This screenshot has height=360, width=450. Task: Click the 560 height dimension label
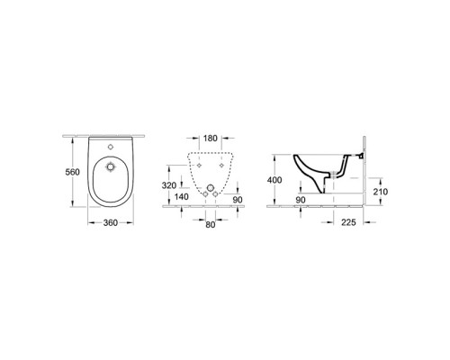point(73,172)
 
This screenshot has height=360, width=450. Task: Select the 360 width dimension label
point(111,223)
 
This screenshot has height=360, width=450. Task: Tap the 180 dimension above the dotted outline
point(210,139)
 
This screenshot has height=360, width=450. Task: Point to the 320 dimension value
point(169,185)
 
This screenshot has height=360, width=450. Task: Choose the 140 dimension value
point(181,197)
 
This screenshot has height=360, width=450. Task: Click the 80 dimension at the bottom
point(211,224)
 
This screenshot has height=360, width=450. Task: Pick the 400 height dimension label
point(274,180)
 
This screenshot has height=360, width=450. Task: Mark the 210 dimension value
point(381,192)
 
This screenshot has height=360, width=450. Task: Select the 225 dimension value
point(348,222)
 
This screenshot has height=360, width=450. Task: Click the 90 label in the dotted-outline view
point(238,200)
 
